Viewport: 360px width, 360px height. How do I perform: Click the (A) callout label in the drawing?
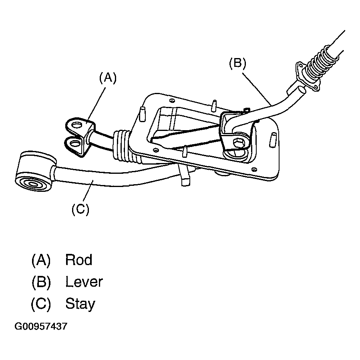pos(107,78)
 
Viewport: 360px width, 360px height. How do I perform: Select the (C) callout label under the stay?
pos(80,209)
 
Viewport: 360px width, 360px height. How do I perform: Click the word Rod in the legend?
pos(79,260)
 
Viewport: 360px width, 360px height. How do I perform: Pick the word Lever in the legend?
pos(84,282)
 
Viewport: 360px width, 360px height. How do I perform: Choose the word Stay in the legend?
pos(80,304)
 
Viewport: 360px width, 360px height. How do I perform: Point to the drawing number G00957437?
pos(41,326)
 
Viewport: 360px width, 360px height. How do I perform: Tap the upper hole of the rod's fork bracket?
pos(75,126)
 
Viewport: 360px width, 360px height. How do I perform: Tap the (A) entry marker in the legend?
pos(41,260)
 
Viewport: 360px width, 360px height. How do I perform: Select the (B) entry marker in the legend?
pos(41,282)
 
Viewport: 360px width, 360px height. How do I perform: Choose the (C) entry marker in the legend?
pos(41,304)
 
